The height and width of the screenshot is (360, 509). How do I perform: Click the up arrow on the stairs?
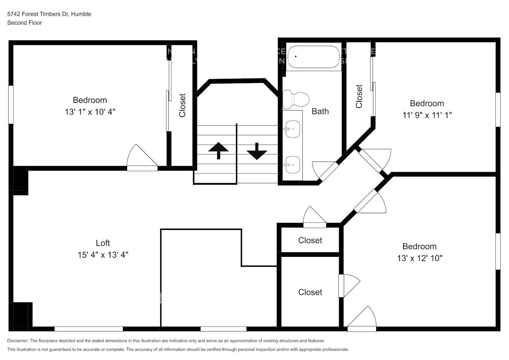pyautogui.click(x=218, y=150)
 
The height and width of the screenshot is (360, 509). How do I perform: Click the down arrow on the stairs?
pyautogui.click(x=257, y=151)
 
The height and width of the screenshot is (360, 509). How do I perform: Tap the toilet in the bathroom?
pyautogui.click(x=296, y=99)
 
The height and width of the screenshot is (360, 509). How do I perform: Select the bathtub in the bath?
pyautogui.click(x=314, y=57)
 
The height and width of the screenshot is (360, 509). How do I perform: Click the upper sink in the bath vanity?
pyautogui.click(x=292, y=129)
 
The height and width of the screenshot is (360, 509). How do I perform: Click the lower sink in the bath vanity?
pyautogui.click(x=292, y=165)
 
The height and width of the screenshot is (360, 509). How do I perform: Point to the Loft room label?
pyautogui.click(x=103, y=243)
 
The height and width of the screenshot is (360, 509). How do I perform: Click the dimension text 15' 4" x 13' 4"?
pyautogui.click(x=103, y=255)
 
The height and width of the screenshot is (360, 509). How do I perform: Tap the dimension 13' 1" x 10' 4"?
pyautogui.click(x=90, y=112)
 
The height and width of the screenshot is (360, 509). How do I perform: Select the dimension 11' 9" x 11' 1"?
pyautogui.click(x=427, y=115)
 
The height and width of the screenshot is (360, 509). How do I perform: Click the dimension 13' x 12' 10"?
pyautogui.click(x=419, y=258)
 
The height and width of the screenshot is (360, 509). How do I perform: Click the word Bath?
pyautogui.click(x=320, y=111)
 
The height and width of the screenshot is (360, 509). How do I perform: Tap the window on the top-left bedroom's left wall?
pyautogui.click(x=11, y=105)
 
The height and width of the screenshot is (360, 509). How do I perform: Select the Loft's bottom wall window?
pyautogui.click(x=89, y=329)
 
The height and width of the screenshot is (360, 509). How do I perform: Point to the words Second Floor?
pyautogui.click(x=24, y=23)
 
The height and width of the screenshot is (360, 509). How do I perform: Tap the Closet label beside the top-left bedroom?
pyautogui.click(x=182, y=105)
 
